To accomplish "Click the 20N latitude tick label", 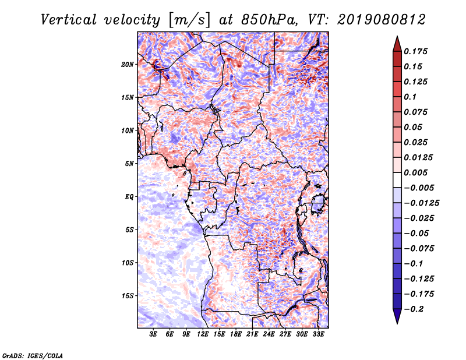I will pos(128,64).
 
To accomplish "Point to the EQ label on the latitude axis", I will pos(129,197).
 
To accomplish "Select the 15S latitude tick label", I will pos(128,296).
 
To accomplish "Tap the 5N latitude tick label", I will pos(129,164).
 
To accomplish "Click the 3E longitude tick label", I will pos(154,335).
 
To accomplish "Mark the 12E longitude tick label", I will pos(203,335).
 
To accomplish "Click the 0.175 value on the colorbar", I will pos(417,51).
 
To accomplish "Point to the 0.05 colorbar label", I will pos(414,127).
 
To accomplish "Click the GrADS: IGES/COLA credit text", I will pos(32,355).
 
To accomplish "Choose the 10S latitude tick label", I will pos(128,263).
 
